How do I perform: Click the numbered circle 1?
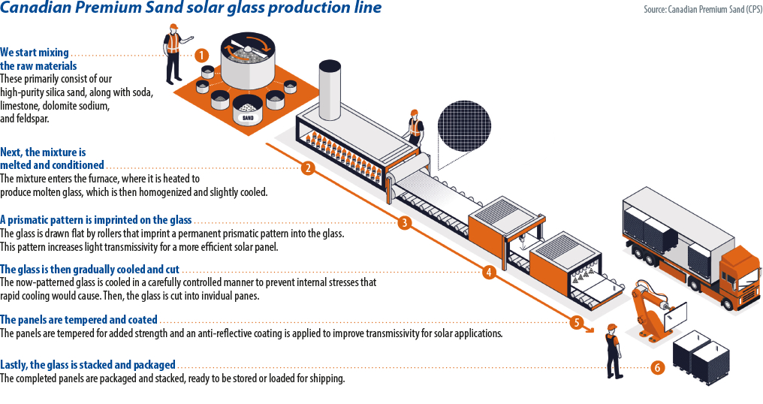(201, 55)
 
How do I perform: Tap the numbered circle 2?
(307, 168)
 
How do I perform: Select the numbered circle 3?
(404, 222)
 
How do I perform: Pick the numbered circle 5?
(577, 322)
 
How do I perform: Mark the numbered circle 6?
(657, 368)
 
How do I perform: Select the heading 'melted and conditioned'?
(52, 165)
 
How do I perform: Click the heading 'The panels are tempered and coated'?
(79, 320)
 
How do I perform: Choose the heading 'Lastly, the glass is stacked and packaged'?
(88, 365)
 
